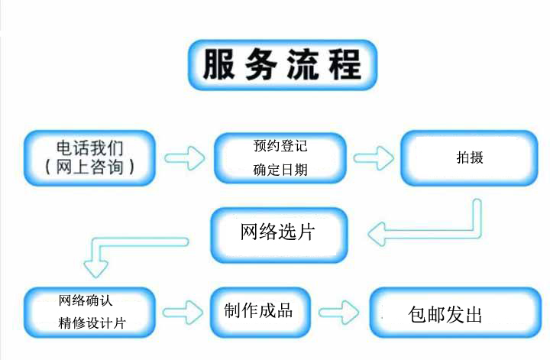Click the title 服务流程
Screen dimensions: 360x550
click(x=282, y=64)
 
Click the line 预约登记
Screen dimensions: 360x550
click(x=280, y=145)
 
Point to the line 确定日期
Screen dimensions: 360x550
click(x=280, y=170)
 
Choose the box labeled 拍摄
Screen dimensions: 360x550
click(x=469, y=158)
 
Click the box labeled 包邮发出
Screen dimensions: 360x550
click(x=445, y=314)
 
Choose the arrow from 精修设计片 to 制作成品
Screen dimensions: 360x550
click(x=183, y=310)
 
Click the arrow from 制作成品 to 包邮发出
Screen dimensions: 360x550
click(x=338, y=311)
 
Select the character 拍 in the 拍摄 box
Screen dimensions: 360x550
click(x=462, y=158)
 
